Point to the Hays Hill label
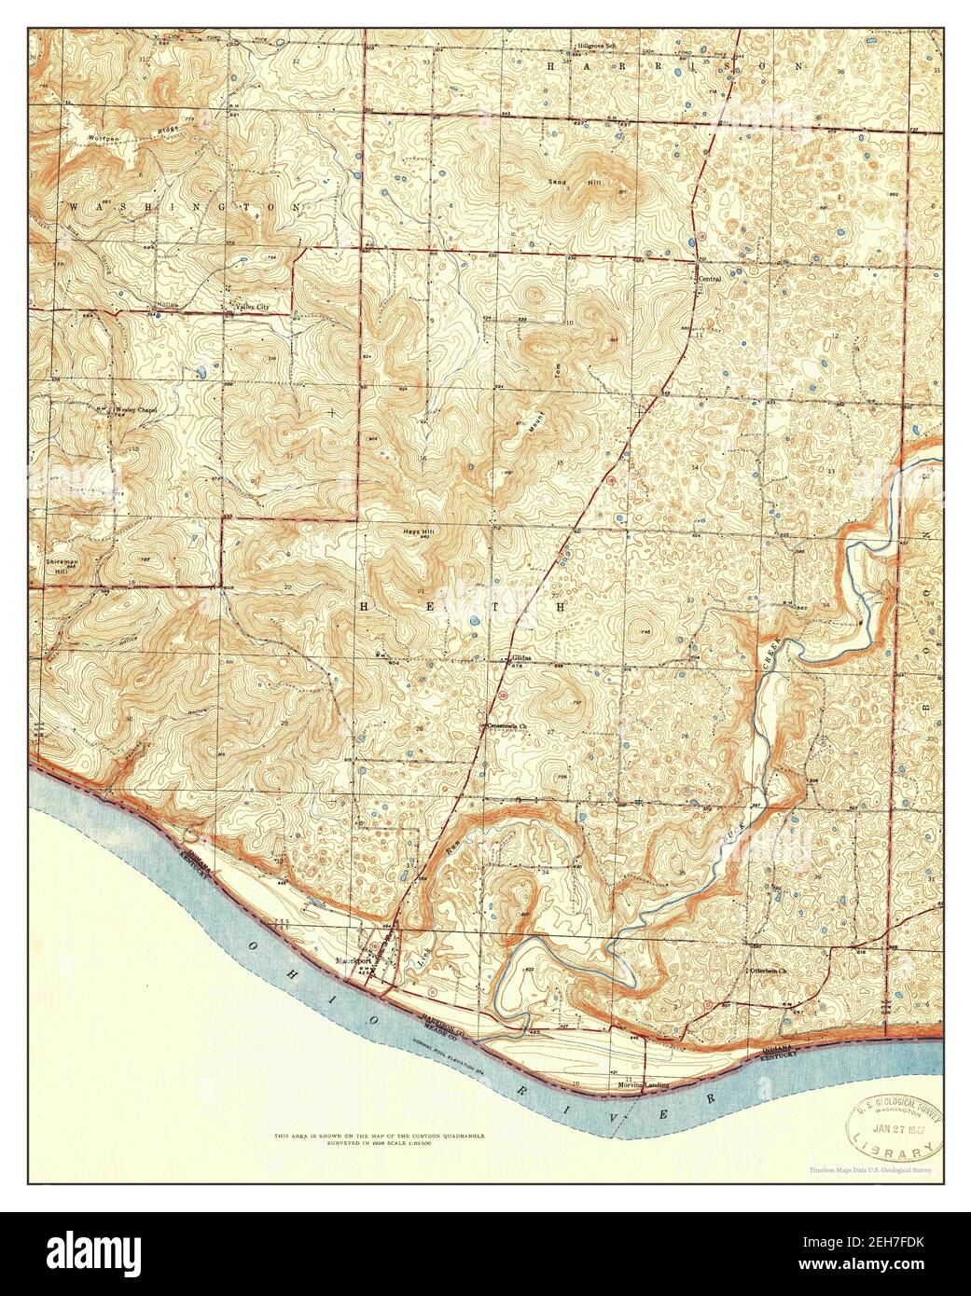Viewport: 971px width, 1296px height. (416, 528)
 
